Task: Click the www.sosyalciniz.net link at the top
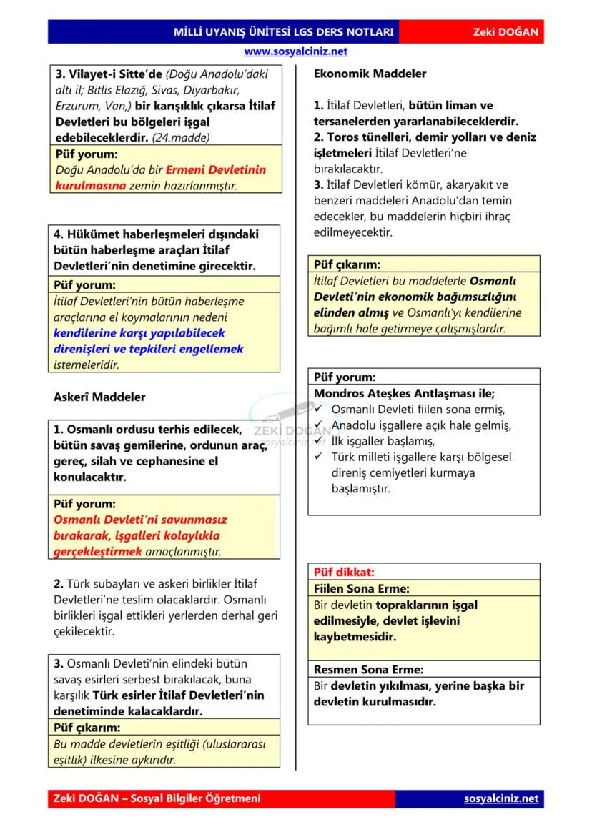295,51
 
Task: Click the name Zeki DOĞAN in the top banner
505,33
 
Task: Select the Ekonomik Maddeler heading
370,74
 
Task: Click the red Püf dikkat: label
344,573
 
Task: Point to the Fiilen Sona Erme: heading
362,589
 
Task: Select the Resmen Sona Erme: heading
368,670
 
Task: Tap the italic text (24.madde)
181,137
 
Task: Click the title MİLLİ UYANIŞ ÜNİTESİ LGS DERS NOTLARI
284,33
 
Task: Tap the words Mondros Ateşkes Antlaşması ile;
404,393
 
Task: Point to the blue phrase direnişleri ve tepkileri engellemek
149,349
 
